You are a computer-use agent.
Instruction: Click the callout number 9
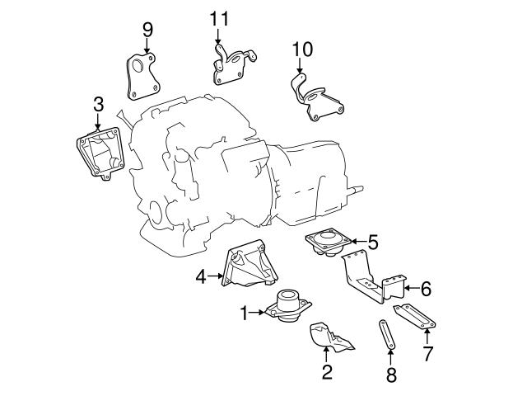[x=147, y=30]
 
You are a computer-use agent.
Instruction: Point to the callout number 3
[x=98, y=104]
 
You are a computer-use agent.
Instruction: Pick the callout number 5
[x=372, y=242]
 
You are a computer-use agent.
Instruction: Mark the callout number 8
[x=390, y=376]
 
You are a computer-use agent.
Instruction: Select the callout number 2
[x=327, y=372]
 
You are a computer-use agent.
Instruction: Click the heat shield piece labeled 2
[x=329, y=339]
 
